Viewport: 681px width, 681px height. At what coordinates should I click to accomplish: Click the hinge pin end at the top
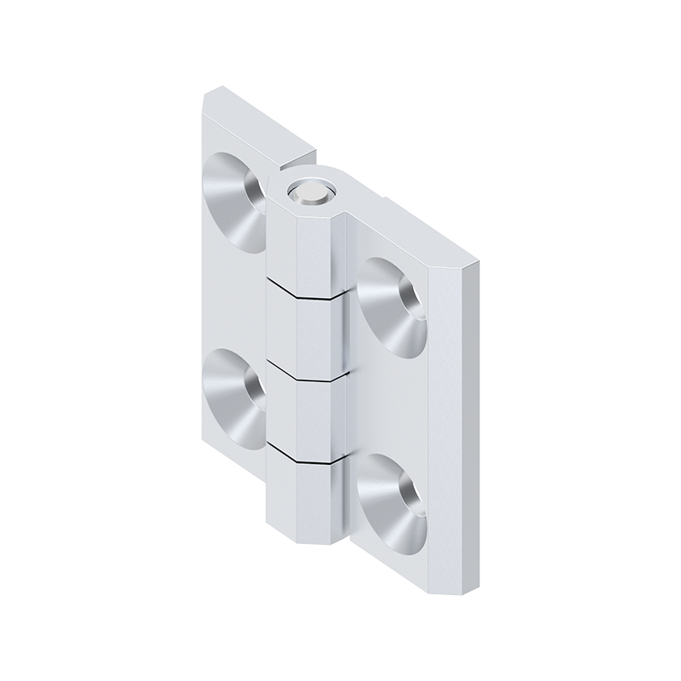(307, 194)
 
